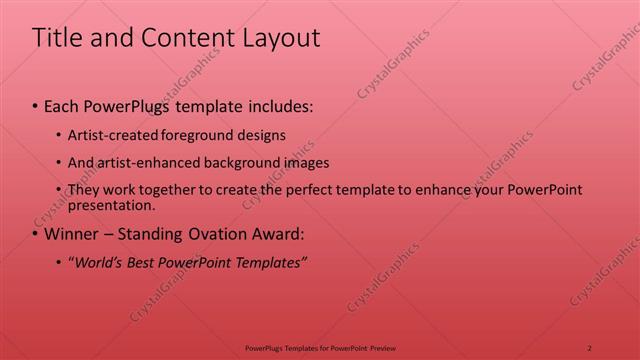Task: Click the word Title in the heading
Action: point(58,38)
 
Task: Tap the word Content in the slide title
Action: point(180,38)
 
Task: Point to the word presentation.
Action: point(111,206)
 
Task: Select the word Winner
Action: point(73,235)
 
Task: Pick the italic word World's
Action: point(99,263)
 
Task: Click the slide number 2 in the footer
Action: point(590,347)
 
